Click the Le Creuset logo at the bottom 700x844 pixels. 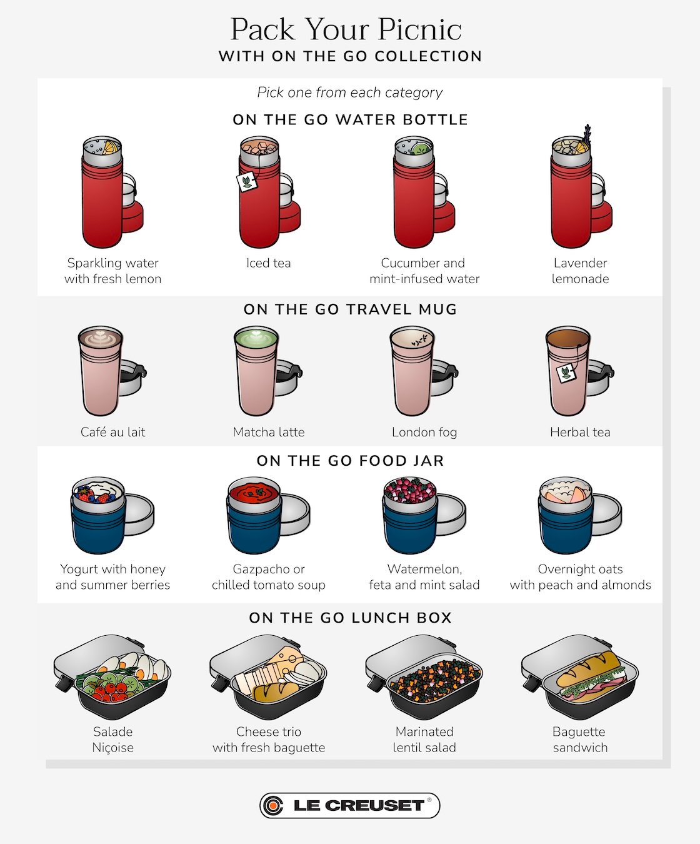[x=349, y=805]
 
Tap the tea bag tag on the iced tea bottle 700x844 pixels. [x=247, y=181]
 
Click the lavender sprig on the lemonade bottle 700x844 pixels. [x=587, y=134]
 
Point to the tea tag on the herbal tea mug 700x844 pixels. [x=566, y=373]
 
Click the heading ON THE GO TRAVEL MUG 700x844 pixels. [x=350, y=309]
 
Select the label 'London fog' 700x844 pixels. [x=424, y=432]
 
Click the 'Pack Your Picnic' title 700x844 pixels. [x=346, y=29]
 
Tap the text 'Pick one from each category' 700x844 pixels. [x=349, y=93]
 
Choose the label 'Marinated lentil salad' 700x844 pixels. [x=424, y=739]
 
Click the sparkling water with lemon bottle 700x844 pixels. [x=104, y=194]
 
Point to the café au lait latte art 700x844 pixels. [x=100, y=338]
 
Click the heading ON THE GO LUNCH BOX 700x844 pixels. [x=350, y=618]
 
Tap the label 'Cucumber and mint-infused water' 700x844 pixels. [x=424, y=271]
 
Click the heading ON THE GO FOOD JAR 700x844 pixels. [x=350, y=461]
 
